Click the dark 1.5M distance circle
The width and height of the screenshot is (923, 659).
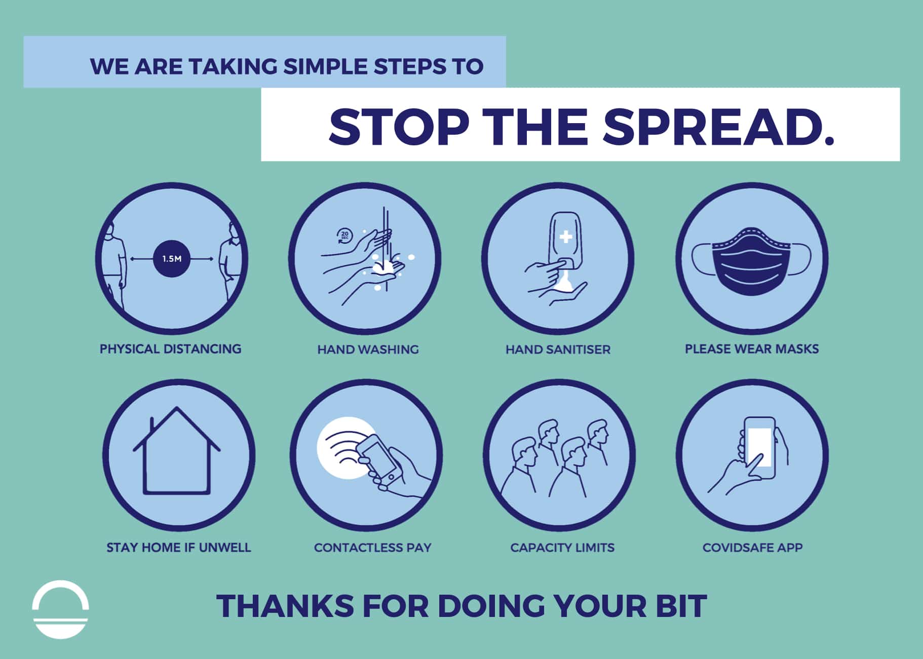pyautogui.click(x=172, y=258)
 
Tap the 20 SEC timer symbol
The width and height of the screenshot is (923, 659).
pyautogui.click(x=344, y=236)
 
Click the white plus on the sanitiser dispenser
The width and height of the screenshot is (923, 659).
pyautogui.click(x=565, y=237)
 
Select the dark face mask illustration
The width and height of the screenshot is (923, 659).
pyautogui.click(x=752, y=261)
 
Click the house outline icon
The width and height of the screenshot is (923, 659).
pyautogui.click(x=177, y=450)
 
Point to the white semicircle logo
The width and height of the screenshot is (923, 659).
pyautogui.click(x=60, y=609)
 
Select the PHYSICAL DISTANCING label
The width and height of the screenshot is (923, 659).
pyautogui.click(x=170, y=349)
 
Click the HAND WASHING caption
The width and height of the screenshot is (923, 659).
pyautogui.click(x=368, y=350)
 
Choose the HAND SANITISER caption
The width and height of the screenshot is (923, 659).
pyautogui.click(x=558, y=350)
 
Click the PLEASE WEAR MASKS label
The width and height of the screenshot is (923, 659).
pyautogui.click(x=752, y=349)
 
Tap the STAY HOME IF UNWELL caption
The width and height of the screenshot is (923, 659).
pyautogui.click(x=179, y=548)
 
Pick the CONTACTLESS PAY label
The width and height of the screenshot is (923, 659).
pyautogui.click(x=373, y=548)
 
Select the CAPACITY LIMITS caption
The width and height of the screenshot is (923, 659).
pyautogui.click(x=562, y=548)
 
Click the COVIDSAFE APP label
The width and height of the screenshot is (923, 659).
pyautogui.click(x=753, y=548)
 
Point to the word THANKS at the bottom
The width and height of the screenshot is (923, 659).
pyautogui.click(x=285, y=606)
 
